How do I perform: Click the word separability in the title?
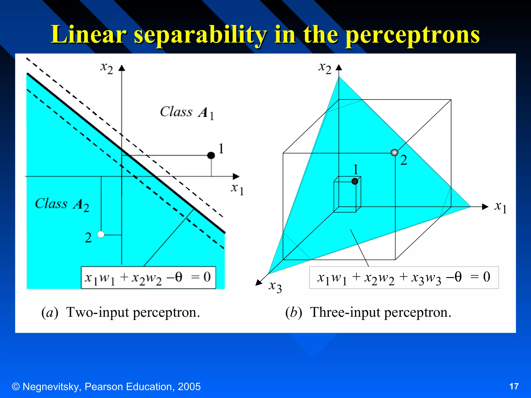(x=200, y=35)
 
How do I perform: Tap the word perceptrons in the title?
(x=413, y=35)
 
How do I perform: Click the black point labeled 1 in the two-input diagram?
(x=211, y=155)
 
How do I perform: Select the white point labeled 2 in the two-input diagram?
(x=101, y=234)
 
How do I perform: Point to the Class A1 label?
(x=187, y=113)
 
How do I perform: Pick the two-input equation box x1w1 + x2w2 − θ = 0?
(x=148, y=278)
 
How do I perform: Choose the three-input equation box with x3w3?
(x=404, y=278)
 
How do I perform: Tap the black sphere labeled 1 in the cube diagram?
(x=355, y=181)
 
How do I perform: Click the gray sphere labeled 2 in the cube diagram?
(x=394, y=153)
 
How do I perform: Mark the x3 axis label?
(x=275, y=287)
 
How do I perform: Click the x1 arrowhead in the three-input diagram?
(x=485, y=207)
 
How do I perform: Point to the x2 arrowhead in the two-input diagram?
(x=122, y=68)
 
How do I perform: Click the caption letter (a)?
(x=50, y=312)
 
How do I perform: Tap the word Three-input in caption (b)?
(x=346, y=312)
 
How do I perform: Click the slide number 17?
(x=514, y=386)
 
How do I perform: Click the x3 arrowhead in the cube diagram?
(x=259, y=282)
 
